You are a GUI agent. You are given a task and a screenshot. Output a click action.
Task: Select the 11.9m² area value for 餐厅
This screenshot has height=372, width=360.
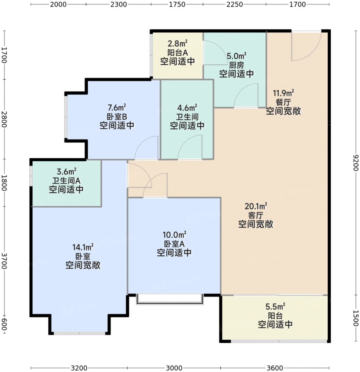point(283,93)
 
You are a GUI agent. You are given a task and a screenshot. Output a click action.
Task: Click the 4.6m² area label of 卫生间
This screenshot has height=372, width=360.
point(187,108)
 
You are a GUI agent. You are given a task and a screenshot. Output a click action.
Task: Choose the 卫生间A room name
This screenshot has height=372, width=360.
point(66,180)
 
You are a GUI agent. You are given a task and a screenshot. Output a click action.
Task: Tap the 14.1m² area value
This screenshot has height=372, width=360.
point(83,247)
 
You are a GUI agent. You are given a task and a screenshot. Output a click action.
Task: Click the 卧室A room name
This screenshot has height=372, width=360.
point(174,243)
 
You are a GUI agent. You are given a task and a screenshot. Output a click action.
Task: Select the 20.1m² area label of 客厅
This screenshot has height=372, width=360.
point(256,206)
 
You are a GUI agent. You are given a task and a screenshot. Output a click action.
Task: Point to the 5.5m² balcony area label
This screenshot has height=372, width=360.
point(275,307)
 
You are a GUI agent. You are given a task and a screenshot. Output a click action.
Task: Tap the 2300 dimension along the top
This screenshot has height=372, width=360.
point(118,5)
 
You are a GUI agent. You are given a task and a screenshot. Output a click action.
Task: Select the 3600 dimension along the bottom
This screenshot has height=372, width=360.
point(274,367)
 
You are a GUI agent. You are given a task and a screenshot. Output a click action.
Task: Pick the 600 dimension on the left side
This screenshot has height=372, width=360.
point(5,324)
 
